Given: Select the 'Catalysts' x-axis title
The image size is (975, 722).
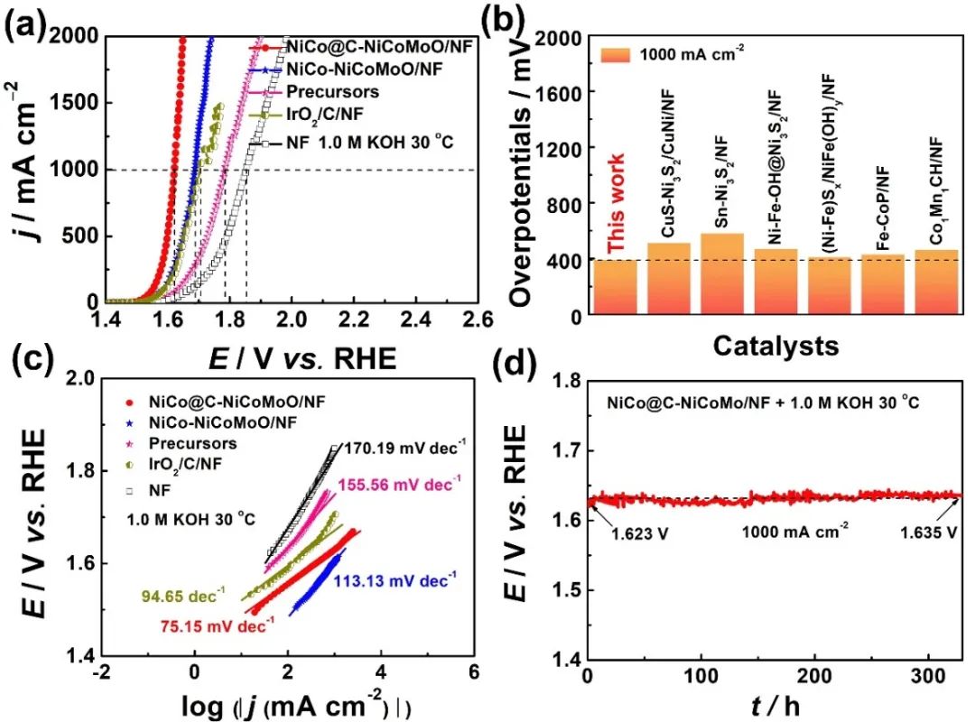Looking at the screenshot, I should [773, 345].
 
